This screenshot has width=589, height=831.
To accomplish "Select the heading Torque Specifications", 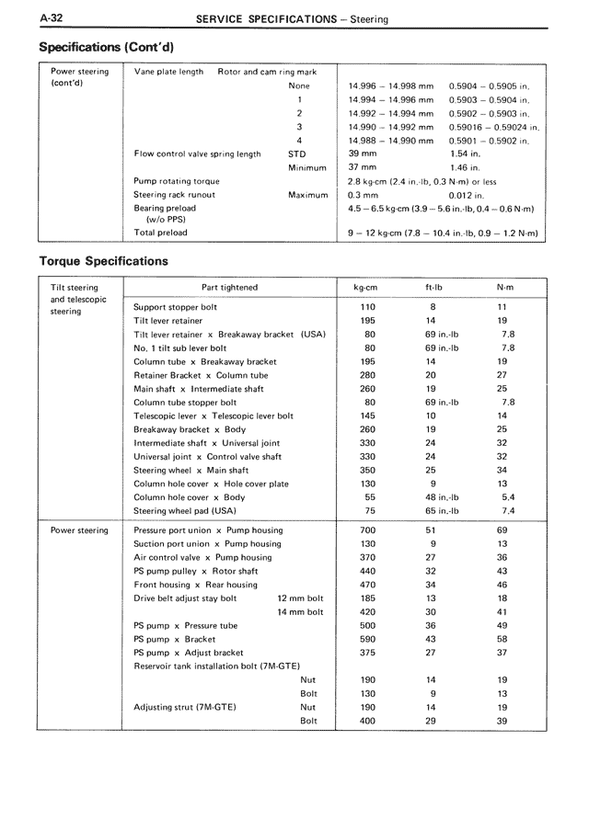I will point(103,261).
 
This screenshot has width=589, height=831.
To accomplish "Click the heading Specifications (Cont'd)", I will point(107,46).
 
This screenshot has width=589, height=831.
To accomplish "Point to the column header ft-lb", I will point(433,288).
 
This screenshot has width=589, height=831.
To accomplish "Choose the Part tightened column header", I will point(229,288).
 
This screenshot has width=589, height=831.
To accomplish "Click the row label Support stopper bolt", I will point(176,307).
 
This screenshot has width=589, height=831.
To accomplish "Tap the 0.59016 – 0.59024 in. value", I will point(494,127).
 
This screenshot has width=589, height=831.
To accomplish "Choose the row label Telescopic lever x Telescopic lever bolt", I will point(214,415).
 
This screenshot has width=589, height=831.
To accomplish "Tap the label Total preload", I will point(160,233).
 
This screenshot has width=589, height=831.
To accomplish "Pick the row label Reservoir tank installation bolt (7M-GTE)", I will point(217,666).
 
